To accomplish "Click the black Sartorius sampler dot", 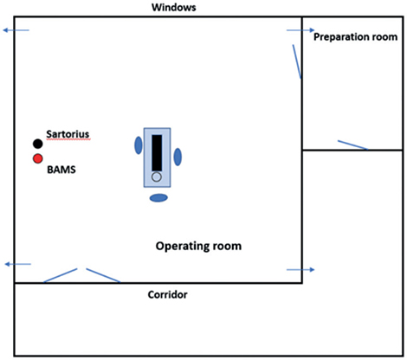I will click(x=37, y=144).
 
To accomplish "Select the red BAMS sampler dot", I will click(x=37, y=159).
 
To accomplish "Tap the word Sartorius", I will click(x=68, y=135).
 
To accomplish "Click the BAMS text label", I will click(x=61, y=171).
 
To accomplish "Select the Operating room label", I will click(x=198, y=246).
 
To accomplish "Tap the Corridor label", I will click(x=168, y=295).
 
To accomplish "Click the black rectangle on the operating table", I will click(x=157, y=152).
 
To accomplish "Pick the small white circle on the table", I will click(x=157, y=177).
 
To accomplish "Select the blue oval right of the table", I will click(x=178, y=157).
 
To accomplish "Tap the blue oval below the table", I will click(x=158, y=198).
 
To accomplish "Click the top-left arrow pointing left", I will click(x=16, y=30).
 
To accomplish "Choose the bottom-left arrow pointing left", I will click(x=17, y=264).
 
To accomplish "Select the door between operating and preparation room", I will click(x=295, y=61).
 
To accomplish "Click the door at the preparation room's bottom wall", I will click(x=352, y=145).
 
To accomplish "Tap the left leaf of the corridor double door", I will click(x=61, y=274).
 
